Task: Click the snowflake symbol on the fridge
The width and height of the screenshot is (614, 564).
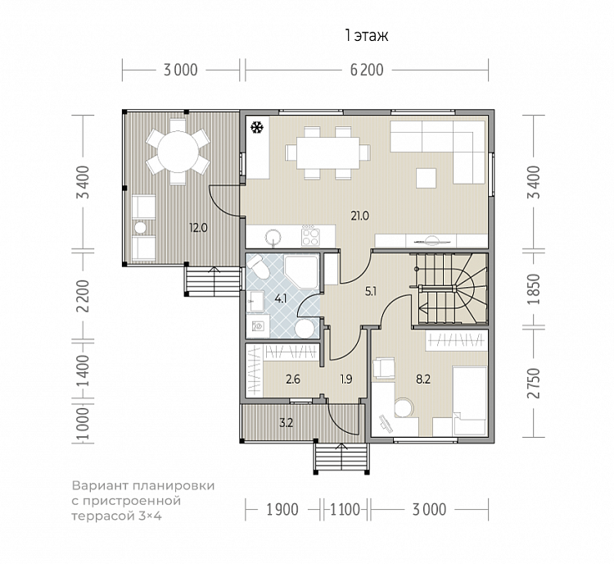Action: coord(256,127)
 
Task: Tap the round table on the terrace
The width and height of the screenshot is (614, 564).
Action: coord(178,152)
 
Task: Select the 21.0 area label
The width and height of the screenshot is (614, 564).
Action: coord(360,216)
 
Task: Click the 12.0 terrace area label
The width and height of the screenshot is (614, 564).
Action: coord(198,227)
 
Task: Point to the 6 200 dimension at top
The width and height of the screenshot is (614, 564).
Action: coord(367,70)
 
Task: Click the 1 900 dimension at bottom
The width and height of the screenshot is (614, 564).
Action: coord(282,509)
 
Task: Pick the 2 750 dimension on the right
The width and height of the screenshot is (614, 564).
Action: coord(533,383)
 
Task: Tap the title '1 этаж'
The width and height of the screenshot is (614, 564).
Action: coord(367,36)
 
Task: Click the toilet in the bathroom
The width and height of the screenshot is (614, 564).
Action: coord(259,266)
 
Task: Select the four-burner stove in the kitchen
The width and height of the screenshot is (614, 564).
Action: coord(310,236)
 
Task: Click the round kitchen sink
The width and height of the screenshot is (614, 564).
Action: coord(273,237)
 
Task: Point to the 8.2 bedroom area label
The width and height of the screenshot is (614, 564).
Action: coord(423,380)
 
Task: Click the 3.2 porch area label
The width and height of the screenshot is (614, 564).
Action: coord(287,423)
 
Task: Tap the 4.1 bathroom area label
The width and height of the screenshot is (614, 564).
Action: coord(280,299)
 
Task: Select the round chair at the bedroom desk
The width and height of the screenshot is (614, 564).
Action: coord(404,408)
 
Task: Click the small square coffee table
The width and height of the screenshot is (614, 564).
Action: coord(427,178)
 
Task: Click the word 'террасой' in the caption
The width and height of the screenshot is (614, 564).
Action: coord(103,516)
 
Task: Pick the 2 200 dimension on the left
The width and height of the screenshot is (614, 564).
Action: coord(83,296)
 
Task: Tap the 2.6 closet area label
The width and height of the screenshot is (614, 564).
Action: coord(293,380)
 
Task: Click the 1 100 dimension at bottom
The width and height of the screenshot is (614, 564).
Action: coord(345,509)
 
